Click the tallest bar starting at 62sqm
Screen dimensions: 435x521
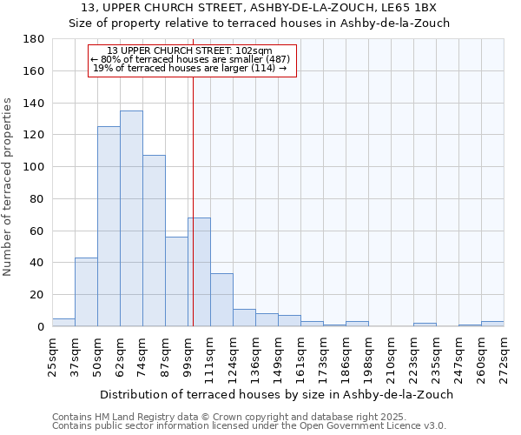coord(131,218)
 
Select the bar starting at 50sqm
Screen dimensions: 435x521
coord(109,226)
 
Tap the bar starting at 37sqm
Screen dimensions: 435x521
coord(86,291)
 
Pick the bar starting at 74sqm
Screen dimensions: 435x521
coord(154,240)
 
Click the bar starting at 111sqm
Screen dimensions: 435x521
coord(221,299)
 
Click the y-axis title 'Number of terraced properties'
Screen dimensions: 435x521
coord(8,186)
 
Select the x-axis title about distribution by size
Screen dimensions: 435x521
coord(277,394)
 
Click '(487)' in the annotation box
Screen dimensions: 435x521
coord(277,59)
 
